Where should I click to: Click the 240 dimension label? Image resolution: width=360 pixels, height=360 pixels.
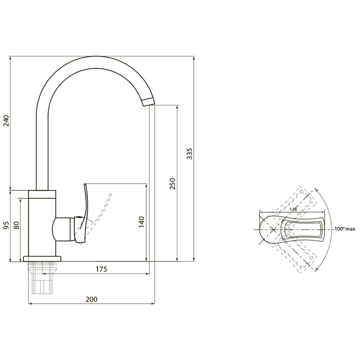[7, 121]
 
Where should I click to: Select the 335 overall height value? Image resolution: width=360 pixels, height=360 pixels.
[189, 154]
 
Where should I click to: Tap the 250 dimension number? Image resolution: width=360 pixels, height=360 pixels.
[172, 184]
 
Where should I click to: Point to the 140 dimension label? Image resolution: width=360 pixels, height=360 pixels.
[141, 222]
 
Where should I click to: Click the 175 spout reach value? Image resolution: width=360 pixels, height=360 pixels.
[101, 269]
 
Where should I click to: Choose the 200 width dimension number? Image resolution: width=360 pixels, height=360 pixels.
[91, 299]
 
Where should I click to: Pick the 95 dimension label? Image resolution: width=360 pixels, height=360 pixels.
[7, 225]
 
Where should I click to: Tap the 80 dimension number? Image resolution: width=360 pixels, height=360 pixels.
[17, 225]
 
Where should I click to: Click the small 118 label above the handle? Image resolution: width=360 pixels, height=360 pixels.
[293, 209]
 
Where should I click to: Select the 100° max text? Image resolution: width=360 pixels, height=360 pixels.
[345, 229]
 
